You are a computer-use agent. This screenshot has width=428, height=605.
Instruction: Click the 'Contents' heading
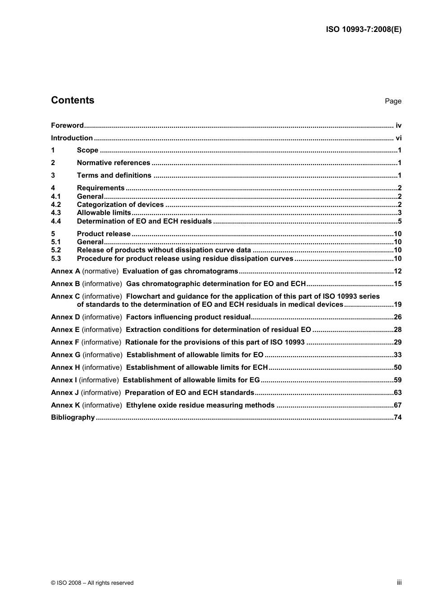click(x=73, y=100)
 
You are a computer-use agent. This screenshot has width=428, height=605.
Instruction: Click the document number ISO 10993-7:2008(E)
click(x=364, y=30)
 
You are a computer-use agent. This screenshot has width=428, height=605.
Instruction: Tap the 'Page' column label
click(x=393, y=101)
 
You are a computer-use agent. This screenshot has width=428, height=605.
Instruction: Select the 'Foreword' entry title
click(x=67, y=125)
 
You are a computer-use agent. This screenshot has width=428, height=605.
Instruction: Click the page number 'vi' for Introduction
click(x=398, y=138)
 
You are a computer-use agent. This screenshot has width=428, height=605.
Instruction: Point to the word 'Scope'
click(x=87, y=150)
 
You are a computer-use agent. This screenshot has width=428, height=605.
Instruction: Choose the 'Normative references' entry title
click(x=114, y=163)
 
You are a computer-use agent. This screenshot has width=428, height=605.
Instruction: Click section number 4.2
click(x=56, y=205)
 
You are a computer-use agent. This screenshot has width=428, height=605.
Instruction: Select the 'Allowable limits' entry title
click(x=104, y=213)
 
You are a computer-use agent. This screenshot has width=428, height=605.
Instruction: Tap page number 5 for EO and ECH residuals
click(x=399, y=221)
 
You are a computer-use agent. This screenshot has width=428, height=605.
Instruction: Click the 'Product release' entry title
click(x=104, y=234)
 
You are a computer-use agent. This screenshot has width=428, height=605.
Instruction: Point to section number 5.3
click(x=56, y=259)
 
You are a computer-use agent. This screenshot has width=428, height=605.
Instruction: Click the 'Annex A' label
click(x=65, y=271)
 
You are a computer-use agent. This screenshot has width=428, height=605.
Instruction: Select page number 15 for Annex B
click(x=397, y=284)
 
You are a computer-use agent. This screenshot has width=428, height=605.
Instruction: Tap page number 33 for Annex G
click(x=397, y=355)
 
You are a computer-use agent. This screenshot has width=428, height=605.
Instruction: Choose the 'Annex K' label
click(x=65, y=405)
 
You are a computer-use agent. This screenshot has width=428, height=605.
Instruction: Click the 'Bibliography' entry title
click(x=73, y=417)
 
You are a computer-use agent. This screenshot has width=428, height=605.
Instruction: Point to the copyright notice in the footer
click(x=92, y=583)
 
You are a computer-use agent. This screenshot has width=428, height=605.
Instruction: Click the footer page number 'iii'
click(x=399, y=582)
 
